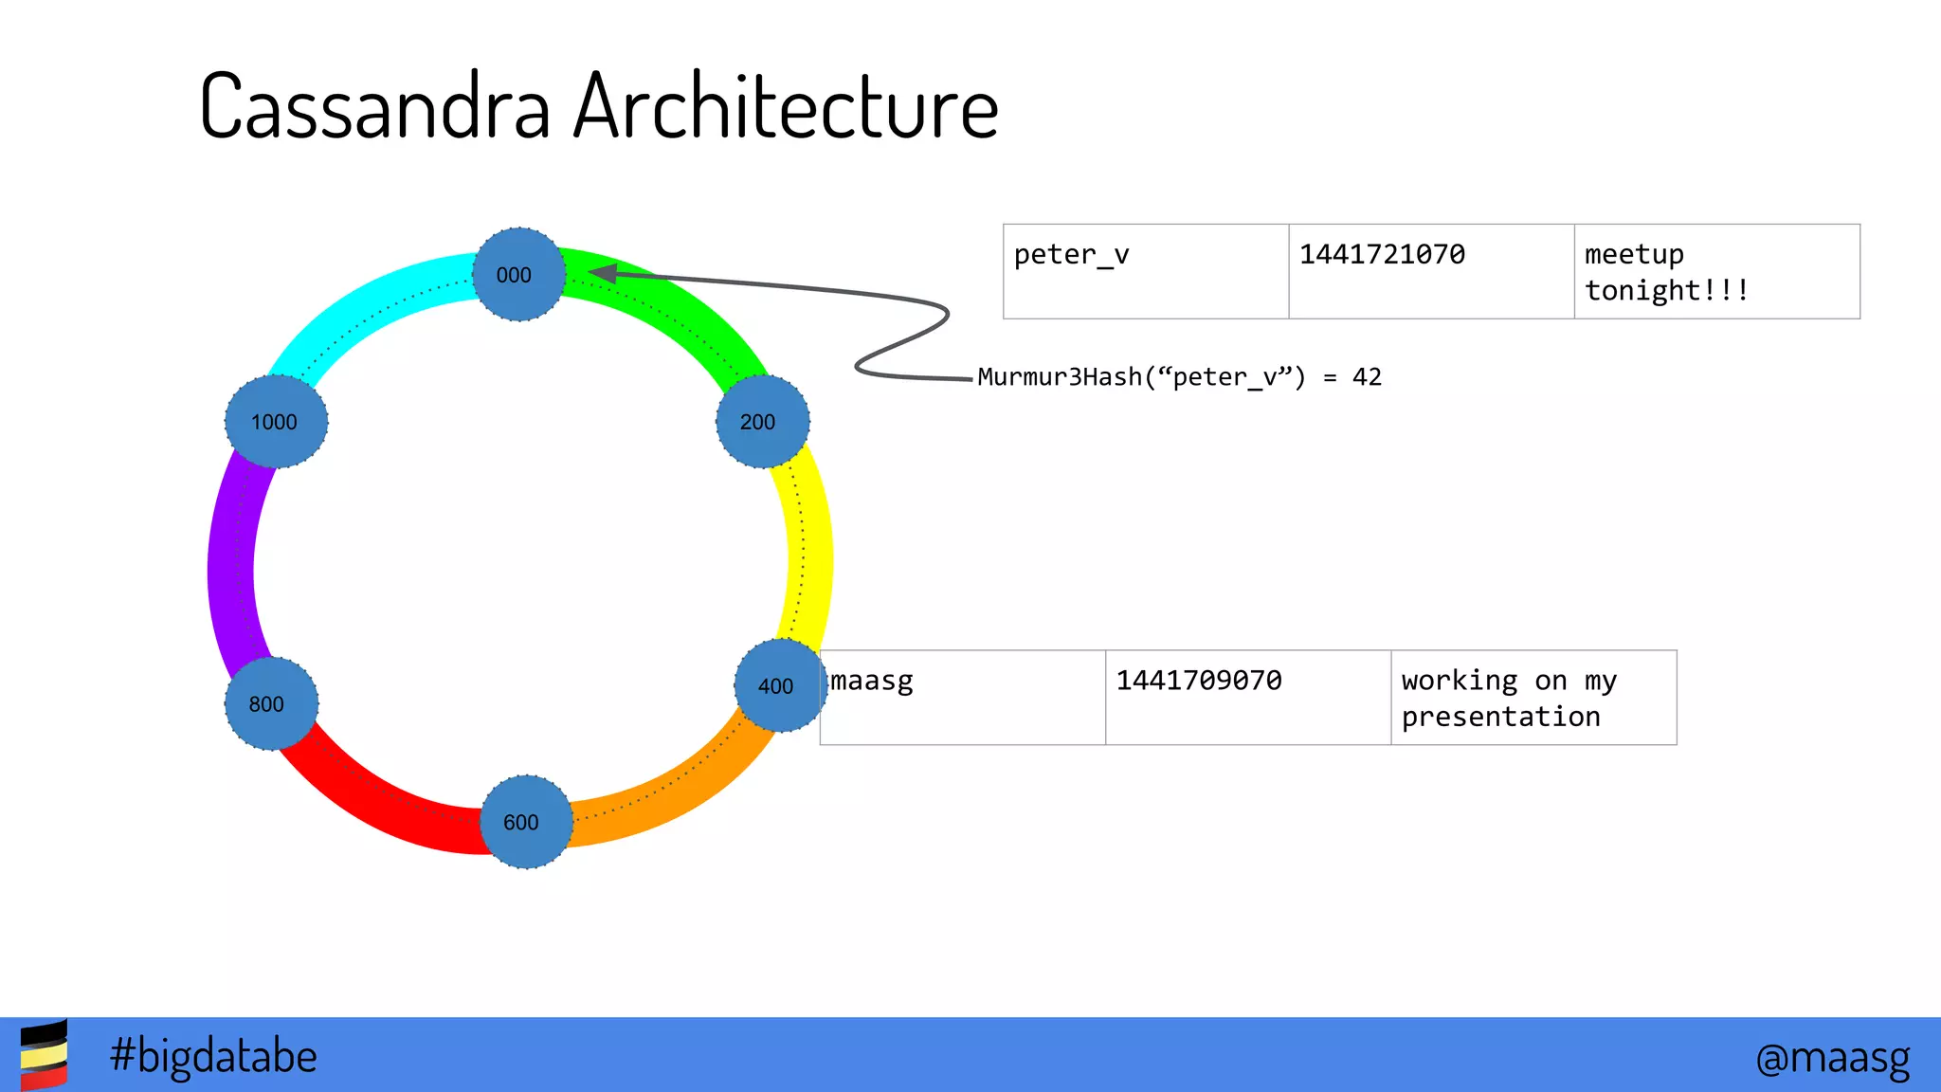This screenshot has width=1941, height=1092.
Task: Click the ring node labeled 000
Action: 518,274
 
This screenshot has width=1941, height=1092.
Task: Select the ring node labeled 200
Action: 762,421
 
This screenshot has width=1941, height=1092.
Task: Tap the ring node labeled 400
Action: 780,684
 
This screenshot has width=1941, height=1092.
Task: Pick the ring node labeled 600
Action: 525,821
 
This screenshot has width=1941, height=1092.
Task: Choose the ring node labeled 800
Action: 271,703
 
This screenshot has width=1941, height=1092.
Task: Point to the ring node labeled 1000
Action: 276,421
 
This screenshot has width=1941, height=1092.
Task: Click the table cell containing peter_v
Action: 1145,271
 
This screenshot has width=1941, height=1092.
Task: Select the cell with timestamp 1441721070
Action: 1431,271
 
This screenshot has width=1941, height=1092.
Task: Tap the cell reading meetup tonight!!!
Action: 1716,271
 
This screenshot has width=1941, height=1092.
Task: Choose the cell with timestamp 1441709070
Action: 1247,698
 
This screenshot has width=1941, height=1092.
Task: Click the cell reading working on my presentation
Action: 1533,698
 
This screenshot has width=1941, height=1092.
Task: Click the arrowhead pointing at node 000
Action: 603,274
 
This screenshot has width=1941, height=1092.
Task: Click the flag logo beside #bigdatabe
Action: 44,1054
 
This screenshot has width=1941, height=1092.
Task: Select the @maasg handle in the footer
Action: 1832,1056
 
